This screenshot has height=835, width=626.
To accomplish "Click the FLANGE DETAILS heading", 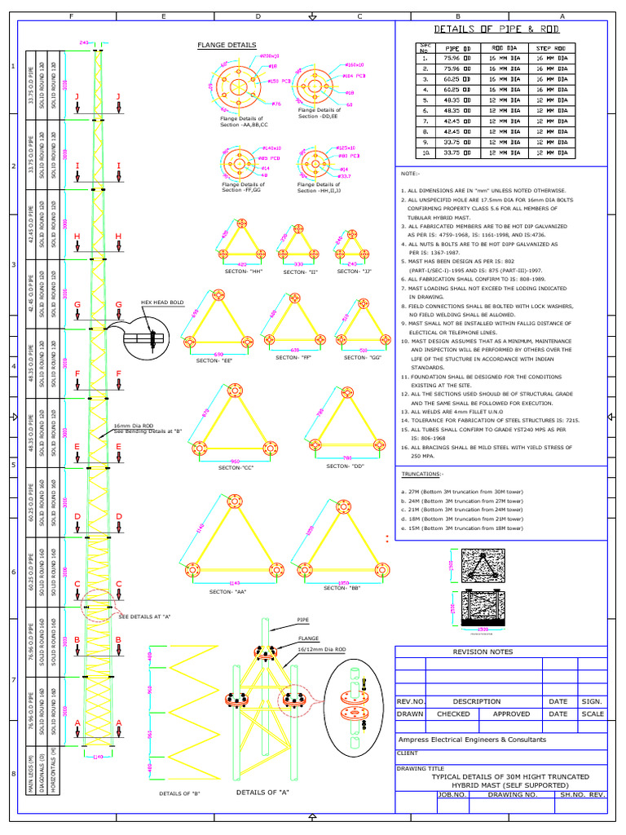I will pos(227,46).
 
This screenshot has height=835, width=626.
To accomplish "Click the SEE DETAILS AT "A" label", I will pos(145,616).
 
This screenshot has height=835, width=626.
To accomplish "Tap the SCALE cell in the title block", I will pos(593,714).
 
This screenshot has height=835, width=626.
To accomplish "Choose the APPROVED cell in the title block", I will pos(511,714).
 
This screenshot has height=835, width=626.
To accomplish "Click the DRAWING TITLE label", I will pos(420,768).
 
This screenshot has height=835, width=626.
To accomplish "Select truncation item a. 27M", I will pos(462,492).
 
